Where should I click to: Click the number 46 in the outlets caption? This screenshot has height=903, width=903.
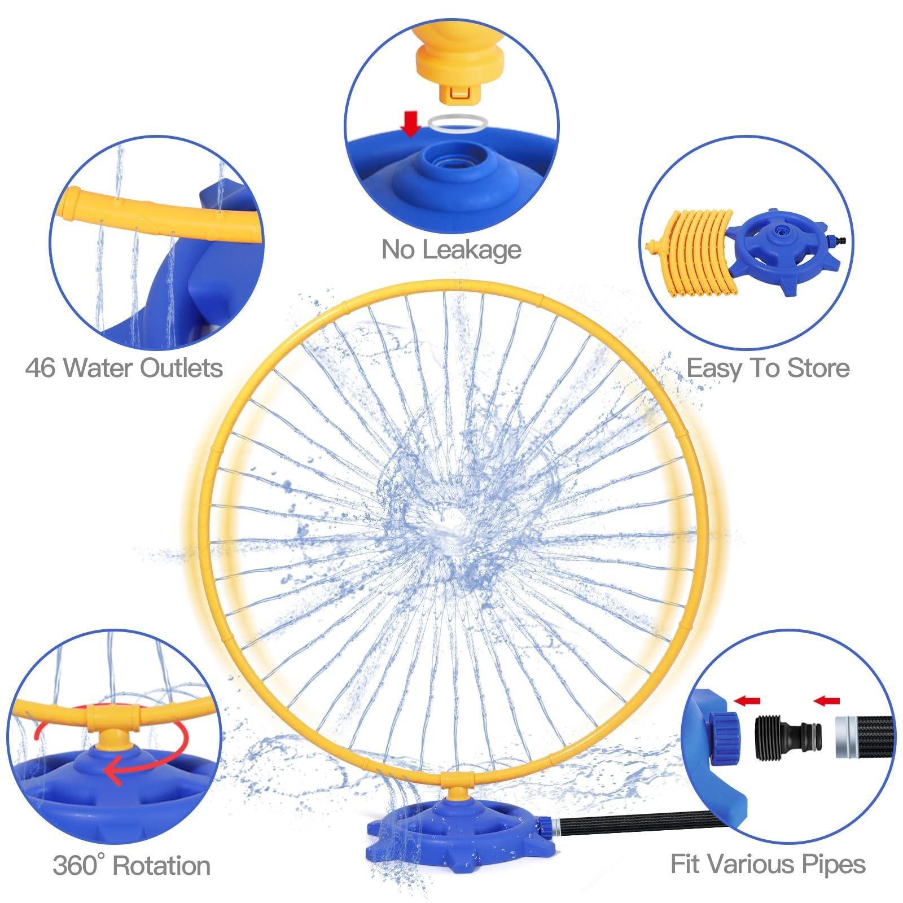click(x=41, y=368)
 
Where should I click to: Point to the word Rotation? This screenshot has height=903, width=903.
click(x=162, y=865)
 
